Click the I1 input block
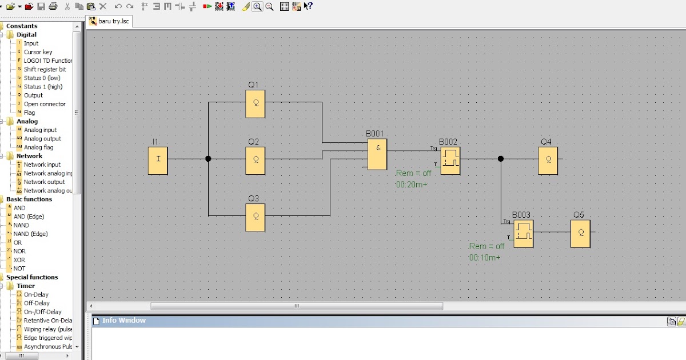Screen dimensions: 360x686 pos(158,159)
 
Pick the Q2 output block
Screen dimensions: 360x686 pos(256,160)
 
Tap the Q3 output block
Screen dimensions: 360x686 pos(256,217)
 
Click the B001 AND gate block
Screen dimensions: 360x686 pos(377,155)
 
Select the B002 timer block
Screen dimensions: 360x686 pos(450,160)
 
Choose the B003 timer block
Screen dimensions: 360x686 pos(523,233)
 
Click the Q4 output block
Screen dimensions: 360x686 pos(548,160)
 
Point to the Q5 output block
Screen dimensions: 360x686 pos(580,233)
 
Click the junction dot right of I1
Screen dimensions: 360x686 pos(208,159)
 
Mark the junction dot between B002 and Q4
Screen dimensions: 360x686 pos(501,159)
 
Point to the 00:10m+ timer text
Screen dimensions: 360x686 pos(484,258)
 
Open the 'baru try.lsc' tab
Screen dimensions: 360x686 pos(114,21)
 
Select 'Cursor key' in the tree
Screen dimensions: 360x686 pos(38,52)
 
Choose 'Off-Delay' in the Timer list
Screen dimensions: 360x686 pos(37,303)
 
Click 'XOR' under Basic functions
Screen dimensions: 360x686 pos(19,260)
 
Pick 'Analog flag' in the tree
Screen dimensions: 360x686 pos(38,147)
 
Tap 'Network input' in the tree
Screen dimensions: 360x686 pos(42,165)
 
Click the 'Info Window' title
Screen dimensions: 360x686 pos(123,321)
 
